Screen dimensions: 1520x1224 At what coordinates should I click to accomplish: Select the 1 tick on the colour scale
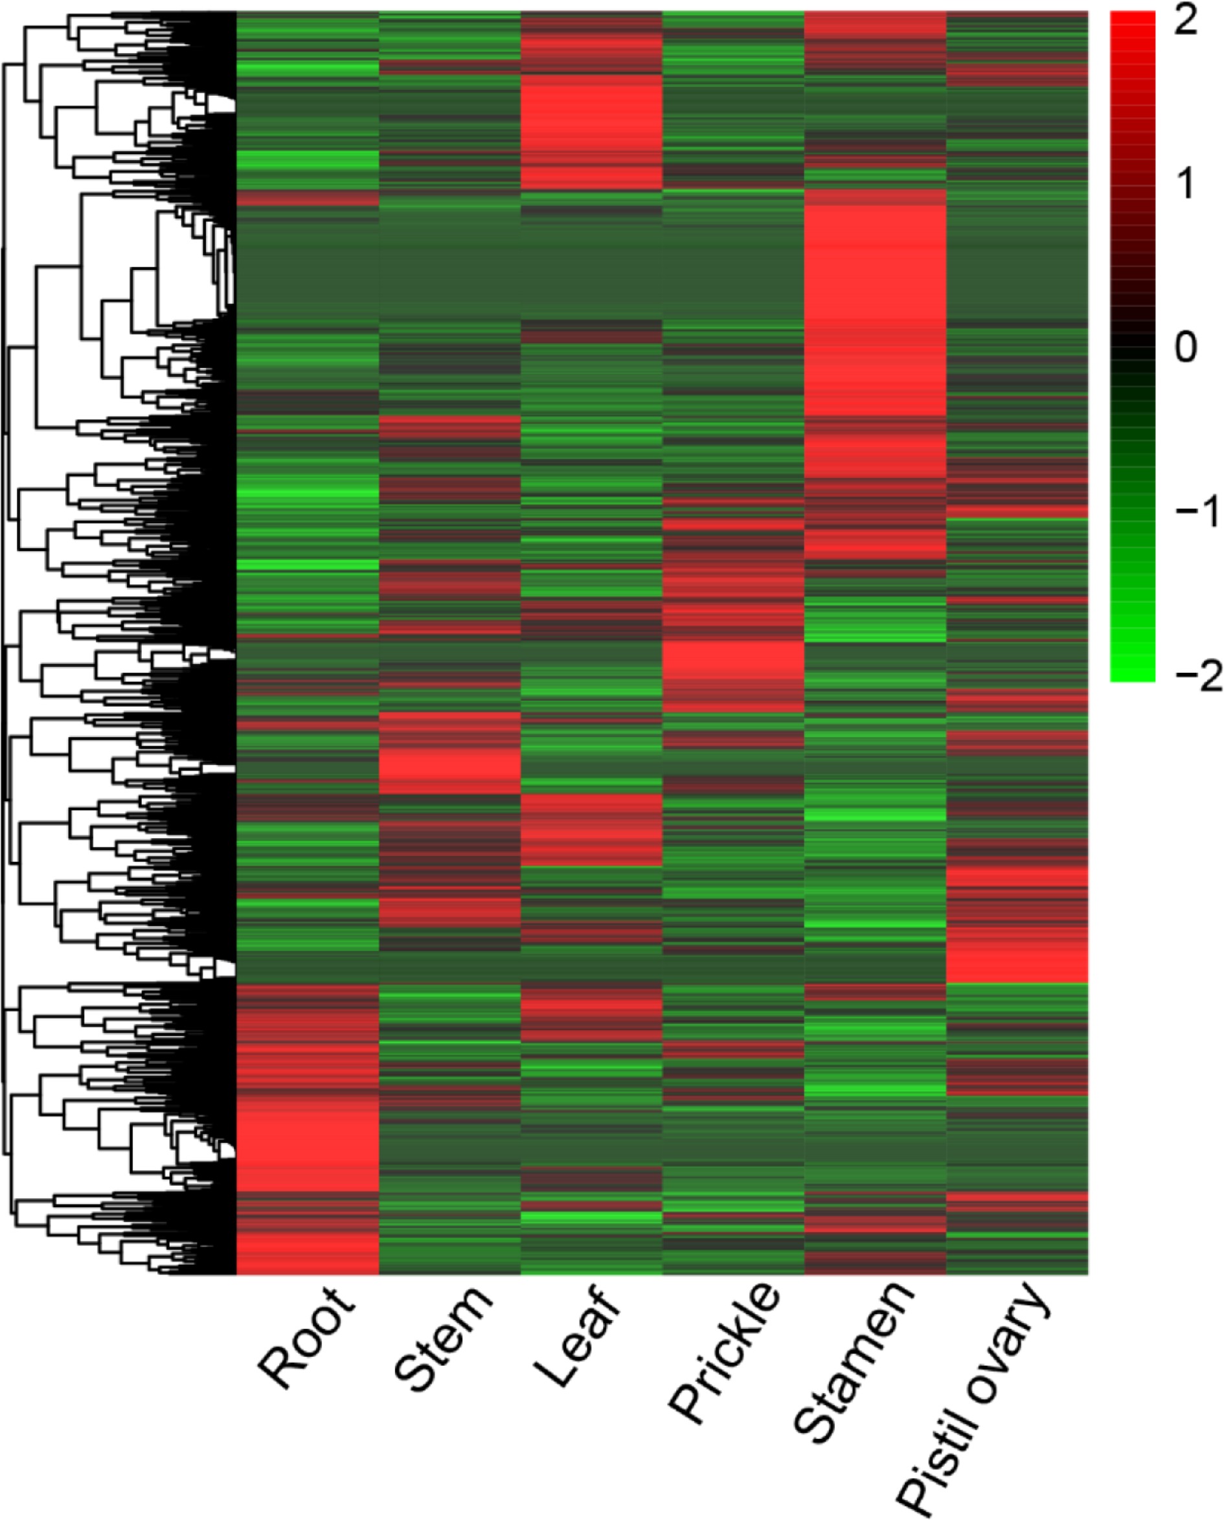coord(1186,184)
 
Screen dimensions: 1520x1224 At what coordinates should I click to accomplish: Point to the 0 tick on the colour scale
coord(1186,347)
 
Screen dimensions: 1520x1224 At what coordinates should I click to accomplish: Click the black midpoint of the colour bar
coord(1132,347)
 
